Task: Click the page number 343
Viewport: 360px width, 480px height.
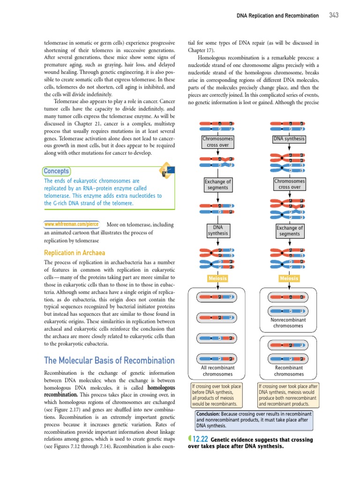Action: coord(333,15)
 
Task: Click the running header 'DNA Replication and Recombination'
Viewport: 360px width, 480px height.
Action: coord(277,16)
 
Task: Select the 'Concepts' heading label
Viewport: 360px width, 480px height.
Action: coord(56,171)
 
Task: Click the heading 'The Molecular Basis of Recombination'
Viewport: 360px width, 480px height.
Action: coord(103,360)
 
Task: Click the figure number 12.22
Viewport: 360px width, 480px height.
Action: coord(200,439)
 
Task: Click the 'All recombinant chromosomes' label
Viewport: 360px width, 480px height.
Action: coord(217,371)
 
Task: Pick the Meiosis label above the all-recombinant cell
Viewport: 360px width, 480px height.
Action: coord(217,278)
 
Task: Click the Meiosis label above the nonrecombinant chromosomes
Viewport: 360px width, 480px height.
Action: coord(289,278)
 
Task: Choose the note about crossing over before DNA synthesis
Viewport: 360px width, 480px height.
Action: coord(217,394)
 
